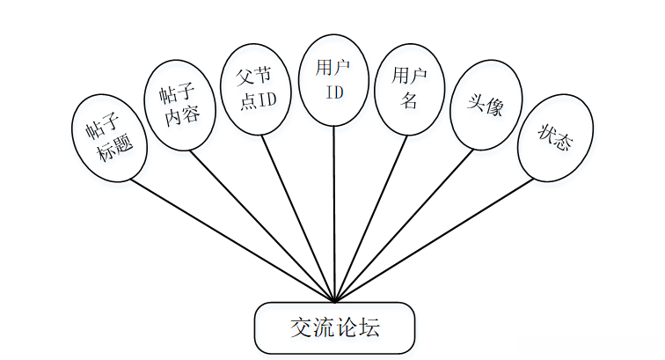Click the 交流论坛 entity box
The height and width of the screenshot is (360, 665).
tap(333, 327)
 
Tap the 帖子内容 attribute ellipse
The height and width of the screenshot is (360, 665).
tap(179, 106)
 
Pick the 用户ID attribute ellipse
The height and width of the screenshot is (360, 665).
tap(333, 78)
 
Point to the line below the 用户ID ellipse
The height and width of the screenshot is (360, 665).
tap(333, 211)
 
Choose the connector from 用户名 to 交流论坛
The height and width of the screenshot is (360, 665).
tap(370, 217)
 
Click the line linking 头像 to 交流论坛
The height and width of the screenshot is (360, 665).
tap(405, 224)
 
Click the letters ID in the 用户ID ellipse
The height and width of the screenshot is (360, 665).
tap(333, 91)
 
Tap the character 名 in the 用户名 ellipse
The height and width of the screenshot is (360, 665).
tap(409, 99)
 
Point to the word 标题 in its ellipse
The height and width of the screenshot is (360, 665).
tap(116, 149)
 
